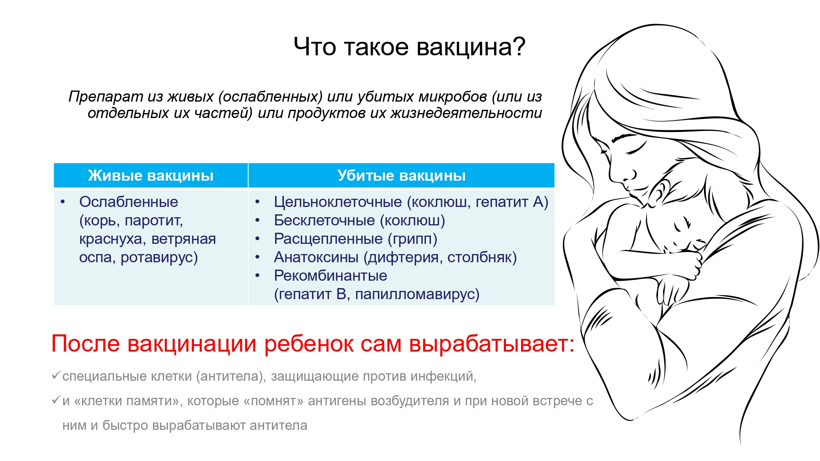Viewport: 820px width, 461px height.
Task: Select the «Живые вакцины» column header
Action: [x=151, y=175]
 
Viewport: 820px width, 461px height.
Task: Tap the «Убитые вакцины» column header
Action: [x=401, y=175]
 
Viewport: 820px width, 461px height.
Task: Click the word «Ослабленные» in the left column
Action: [x=129, y=202]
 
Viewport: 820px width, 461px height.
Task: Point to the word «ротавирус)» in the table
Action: [x=159, y=257]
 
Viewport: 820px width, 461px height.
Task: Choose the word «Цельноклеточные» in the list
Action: [x=338, y=202]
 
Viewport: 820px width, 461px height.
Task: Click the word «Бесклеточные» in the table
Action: [x=324, y=220]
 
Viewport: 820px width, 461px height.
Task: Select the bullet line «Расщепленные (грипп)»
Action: [x=355, y=238]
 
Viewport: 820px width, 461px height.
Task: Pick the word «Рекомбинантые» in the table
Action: [x=330, y=275]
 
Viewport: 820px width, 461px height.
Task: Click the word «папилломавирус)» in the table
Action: [x=417, y=294]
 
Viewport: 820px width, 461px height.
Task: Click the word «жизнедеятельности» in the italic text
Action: [x=466, y=113]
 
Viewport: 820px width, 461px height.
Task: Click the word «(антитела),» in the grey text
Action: [x=231, y=376]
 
